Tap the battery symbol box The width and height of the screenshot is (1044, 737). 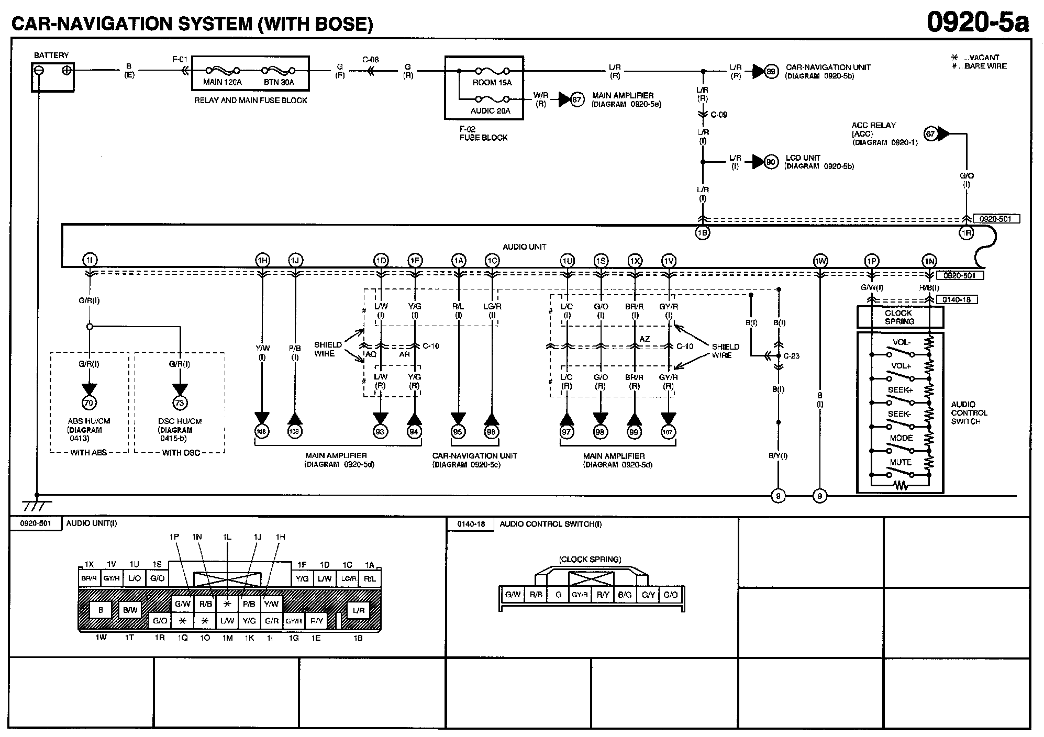tap(52, 76)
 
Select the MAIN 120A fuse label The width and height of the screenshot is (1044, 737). tap(222, 82)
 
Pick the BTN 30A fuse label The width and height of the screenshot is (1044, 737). tap(279, 82)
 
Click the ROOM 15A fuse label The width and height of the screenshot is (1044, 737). tap(492, 83)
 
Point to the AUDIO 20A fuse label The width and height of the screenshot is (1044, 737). tap(490, 111)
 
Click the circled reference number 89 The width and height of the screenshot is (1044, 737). tap(771, 72)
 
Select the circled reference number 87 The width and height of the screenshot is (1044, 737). tap(577, 99)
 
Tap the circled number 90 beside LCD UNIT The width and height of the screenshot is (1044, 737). tap(771, 162)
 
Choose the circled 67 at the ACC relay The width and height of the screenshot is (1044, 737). tap(930, 134)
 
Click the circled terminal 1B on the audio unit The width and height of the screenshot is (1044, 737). tap(703, 233)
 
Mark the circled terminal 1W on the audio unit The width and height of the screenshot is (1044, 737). tap(820, 261)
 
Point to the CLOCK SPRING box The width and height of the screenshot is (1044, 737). tap(899, 317)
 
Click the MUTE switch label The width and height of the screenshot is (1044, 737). tap(901, 462)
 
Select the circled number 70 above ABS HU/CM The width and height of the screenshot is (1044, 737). tap(90, 403)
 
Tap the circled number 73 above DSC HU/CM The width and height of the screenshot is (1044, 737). tap(180, 403)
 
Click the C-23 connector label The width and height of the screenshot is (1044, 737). tap(791, 356)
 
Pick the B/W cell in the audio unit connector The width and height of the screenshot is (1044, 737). tap(130, 610)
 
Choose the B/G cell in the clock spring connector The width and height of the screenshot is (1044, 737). tap(625, 595)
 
